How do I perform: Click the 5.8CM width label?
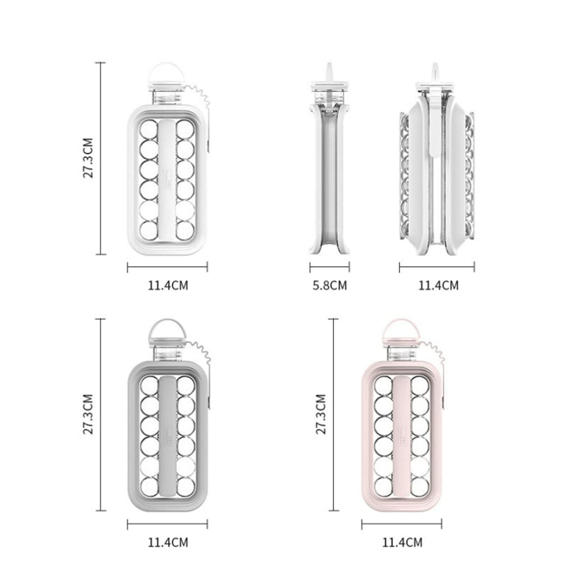point(330,286)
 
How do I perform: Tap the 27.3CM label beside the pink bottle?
point(321,415)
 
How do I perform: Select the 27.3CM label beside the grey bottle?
point(88,415)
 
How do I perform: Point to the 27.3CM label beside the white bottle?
point(88,158)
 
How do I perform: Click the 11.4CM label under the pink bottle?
point(402,542)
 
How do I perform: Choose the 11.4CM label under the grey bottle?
point(168,542)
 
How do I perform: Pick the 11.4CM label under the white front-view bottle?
point(168,286)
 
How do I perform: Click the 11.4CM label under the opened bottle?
point(438,286)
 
